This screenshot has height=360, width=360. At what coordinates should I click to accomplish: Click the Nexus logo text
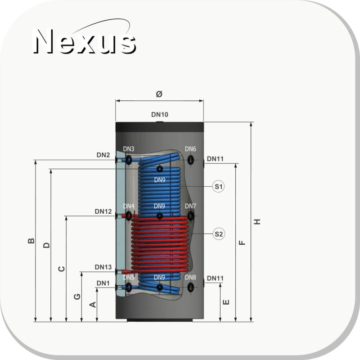85,41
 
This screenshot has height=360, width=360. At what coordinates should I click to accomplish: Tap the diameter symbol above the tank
159,94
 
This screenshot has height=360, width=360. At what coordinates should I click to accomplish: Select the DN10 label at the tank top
160,114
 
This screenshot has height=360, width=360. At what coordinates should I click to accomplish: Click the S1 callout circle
218,186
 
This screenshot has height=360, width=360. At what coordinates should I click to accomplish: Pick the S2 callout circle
219,234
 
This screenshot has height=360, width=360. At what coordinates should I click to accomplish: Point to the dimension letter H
257,221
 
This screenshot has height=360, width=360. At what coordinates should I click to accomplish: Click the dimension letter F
242,243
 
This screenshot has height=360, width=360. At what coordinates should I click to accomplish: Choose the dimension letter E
226,302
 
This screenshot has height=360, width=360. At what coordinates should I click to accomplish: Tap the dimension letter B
31,241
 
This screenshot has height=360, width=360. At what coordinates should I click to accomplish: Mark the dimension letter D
46,245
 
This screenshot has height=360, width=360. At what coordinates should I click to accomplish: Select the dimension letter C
62,269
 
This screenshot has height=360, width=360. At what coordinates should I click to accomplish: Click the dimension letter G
77,297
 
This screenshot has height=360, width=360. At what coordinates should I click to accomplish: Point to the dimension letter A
93,305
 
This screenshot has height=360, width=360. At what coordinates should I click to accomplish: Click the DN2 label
103,155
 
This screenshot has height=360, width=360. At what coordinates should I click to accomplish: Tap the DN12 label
103,211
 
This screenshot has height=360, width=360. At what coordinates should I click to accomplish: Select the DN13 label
103,267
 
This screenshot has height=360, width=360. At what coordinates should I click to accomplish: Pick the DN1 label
103,283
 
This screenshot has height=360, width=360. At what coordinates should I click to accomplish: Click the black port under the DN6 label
190,160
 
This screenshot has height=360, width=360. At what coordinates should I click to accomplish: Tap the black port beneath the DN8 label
190,287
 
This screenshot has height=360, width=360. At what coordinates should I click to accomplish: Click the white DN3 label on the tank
129,149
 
